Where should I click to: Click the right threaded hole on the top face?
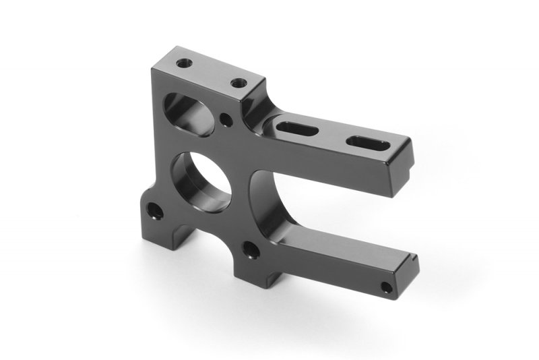coord(237,82)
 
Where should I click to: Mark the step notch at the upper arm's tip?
coord(408,142)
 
